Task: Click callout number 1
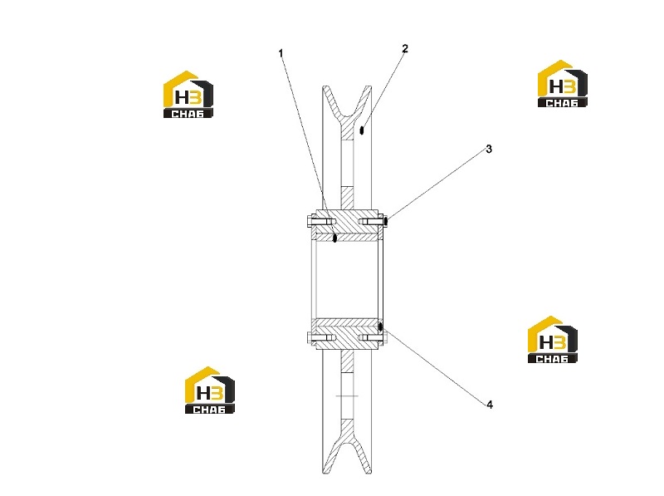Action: (x=281, y=53)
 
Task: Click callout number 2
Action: (x=405, y=49)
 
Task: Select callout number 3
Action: (x=489, y=150)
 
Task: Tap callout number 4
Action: (x=490, y=405)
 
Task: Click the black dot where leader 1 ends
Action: (x=334, y=238)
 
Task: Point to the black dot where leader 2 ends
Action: (x=362, y=130)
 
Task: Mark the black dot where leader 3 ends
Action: (x=386, y=220)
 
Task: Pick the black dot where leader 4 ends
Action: (x=381, y=327)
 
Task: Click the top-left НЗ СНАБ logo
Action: (x=188, y=94)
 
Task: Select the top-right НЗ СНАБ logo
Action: (x=563, y=84)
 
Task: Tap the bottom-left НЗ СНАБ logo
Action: (x=210, y=390)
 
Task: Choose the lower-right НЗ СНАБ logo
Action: (x=552, y=340)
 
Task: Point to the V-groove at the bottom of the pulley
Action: (x=347, y=454)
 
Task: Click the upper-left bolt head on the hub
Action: (x=310, y=221)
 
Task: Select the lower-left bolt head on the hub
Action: (x=310, y=338)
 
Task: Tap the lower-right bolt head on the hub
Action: (x=384, y=338)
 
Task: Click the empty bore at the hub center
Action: (x=347, y=280)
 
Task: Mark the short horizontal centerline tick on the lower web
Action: (x=347, y=396)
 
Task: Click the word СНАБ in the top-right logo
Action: (x=562, y=103)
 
